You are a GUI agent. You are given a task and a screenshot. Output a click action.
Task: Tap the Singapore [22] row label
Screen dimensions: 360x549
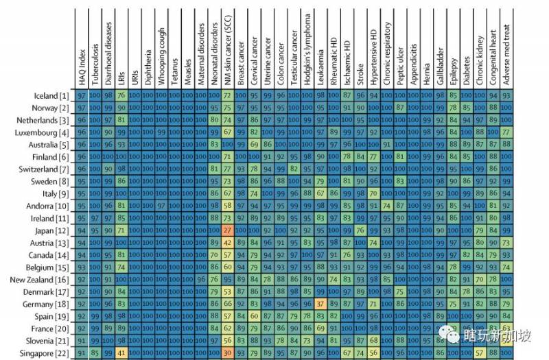point(44,353)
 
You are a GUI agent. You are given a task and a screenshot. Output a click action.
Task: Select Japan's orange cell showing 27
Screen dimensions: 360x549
point(226,230)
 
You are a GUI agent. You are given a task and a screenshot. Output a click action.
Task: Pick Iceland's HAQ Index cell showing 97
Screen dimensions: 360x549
point(82,95)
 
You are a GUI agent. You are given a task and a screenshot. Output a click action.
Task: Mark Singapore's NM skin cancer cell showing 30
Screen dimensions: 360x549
point(226,353)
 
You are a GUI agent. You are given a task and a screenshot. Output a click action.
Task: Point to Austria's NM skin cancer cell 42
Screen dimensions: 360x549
point(226,243)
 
